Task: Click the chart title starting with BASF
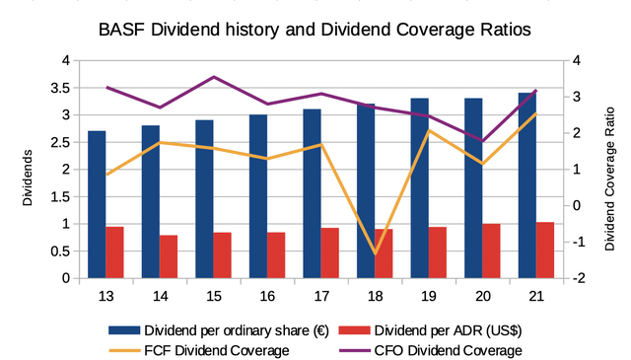click(315, 30)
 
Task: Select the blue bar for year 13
click(97, 204)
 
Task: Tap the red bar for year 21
click(544, 251)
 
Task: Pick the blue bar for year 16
click(258, 196)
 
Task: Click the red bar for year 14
click(169, 256)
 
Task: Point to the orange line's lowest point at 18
click(375, 253)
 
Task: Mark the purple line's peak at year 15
click(213, 77)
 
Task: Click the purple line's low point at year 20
click(482, 141)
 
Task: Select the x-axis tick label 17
click(320, 295)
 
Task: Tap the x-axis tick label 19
click(428, 295)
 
